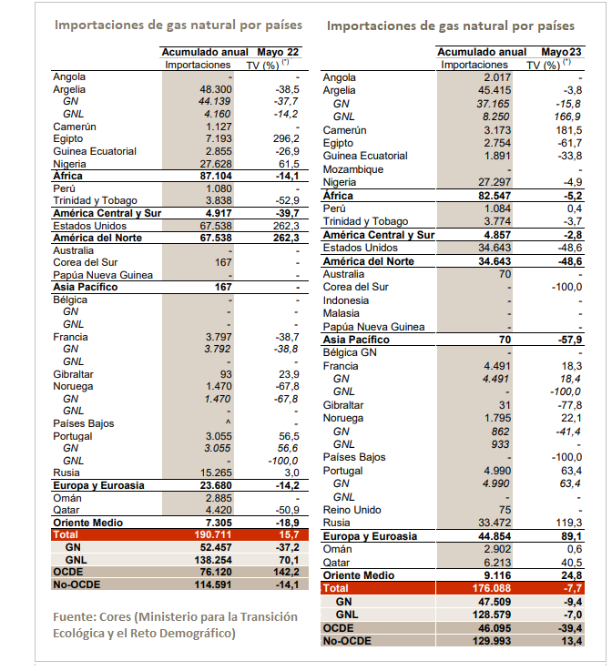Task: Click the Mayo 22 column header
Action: tap(278, 52)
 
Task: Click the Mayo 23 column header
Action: tap(561, 52)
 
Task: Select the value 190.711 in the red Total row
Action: tap(213, 534)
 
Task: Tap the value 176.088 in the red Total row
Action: tap(491, 588)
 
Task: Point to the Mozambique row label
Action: tap(353, 169)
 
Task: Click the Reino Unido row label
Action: tap(352, 510)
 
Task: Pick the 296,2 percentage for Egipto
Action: tap(286, 138)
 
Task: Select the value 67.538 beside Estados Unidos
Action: tap(216, 226)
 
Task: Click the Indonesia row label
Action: tap(346, 300)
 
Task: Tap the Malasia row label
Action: tap(342, 313)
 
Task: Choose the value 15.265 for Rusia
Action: tap(216, 473)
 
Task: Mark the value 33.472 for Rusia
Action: tap(495, 523)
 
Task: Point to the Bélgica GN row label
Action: tap(350, 352)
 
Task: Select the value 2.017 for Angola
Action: tap(497, 77)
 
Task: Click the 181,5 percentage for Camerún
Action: tap(569, 130)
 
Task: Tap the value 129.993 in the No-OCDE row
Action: tap(491, 641)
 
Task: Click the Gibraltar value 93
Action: tap(226, 374)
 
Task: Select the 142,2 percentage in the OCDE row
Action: tap(286, 572)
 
